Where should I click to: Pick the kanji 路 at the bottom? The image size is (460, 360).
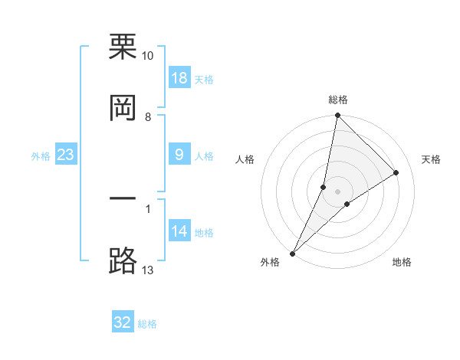(x=123, y=260)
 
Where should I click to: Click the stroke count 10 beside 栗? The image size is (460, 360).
(x=148, y=56)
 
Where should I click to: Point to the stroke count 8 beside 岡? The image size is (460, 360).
(x=148, y=116)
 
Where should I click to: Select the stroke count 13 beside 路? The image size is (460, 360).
(x=148, y=270)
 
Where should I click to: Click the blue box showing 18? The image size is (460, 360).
(x=179, y=79)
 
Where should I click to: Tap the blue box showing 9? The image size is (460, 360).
(x=179, y=155)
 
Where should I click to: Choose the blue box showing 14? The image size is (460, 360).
(x=179, y=232)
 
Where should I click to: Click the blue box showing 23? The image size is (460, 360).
(x=65, y=155)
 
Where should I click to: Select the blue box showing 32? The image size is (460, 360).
(x=123, y=322)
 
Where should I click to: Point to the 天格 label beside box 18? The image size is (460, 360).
(x=204, y=80)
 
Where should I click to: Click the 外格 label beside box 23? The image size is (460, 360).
(x=41, y=156)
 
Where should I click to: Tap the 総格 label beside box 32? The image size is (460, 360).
(x=147, y=324)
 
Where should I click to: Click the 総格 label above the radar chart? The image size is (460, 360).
(x=338, y=100)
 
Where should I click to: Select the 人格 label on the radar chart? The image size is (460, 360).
(x=245, y=159)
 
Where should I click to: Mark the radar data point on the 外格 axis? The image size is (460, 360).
(x=293, y=254)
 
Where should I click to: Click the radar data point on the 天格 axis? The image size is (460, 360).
(x=396, y=172)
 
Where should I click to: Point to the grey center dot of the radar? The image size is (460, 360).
(x=338, y=191)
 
